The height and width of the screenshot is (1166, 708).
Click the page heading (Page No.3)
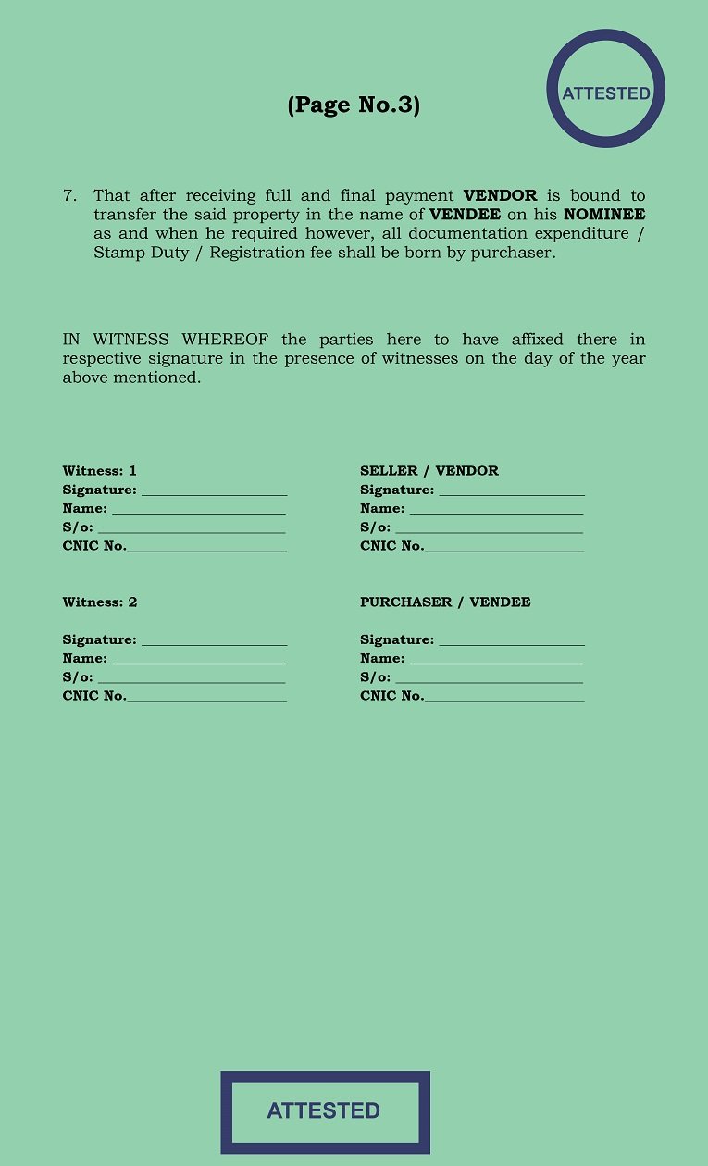pos(354,105)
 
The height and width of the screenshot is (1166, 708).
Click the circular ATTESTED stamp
pos(606,90)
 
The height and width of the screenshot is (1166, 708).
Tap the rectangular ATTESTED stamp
pos(325,1111)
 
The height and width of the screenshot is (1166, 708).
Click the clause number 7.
pos(69,195)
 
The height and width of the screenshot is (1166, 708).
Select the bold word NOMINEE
pos(603,215)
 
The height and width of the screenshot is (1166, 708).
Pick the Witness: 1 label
pos(100,471)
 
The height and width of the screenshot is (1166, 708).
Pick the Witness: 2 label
pos(100,602)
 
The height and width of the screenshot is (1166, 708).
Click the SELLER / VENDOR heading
pos(429,471)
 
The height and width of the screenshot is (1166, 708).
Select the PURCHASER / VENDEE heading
pos(445,602)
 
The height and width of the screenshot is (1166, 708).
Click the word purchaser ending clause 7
pos(511,253)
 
